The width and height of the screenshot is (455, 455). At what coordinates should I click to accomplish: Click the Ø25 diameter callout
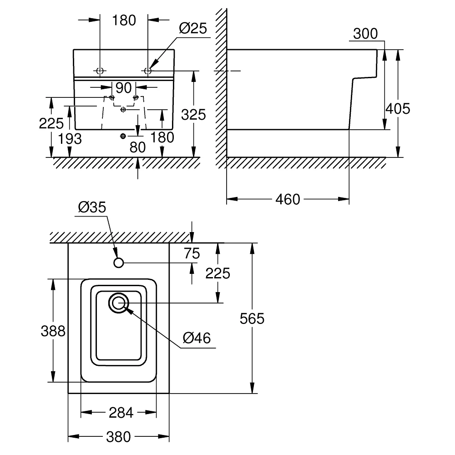pos(193,28)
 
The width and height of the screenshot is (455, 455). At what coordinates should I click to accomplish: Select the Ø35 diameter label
pos(92,207)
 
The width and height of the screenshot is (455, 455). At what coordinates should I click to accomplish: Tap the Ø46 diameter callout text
pos(197,338)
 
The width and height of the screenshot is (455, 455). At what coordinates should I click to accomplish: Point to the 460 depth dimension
pos(288,200)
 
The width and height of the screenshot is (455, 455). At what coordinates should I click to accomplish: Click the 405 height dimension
pos(398,109)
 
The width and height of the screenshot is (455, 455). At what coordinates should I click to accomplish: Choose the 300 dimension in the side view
pos(365,34)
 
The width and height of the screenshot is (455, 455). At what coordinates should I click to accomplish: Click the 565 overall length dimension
pos(252,318)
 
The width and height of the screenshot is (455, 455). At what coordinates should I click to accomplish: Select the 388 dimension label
pos(53,331)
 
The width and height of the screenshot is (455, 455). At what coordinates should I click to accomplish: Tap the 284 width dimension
pos(121,412)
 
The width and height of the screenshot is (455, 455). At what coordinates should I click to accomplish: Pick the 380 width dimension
pos(118,437)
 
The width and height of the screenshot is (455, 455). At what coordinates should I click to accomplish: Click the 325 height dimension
pos(193,115)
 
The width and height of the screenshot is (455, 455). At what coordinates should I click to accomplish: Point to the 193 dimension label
pos(70,139)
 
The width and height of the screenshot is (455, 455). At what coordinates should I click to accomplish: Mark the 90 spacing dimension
pos(124,88)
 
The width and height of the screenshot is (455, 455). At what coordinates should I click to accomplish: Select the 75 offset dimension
pos(192,253)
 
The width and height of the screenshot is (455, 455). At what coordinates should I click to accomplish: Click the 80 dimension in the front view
pos(137,147)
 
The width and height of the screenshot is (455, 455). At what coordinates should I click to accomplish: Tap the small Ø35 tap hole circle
pos(118,263)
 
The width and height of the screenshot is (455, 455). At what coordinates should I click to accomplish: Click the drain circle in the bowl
pos(118,303)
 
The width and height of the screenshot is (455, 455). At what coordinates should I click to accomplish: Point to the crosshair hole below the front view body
pos(123,136)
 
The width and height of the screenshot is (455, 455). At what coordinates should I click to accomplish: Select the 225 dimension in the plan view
pos(217,273)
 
